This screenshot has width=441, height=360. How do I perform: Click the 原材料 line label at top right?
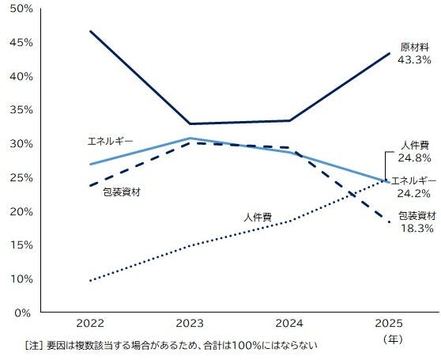[414, 47]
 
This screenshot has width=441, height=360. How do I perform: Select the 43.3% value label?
[414, 59]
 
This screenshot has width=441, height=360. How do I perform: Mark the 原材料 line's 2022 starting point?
[90, 31]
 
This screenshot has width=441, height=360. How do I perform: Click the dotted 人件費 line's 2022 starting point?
[90, 280]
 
